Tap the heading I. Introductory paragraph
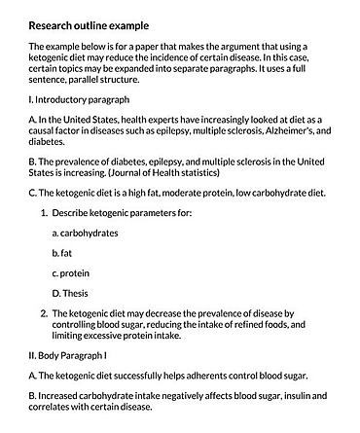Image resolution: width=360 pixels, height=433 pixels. [x=78, y=99]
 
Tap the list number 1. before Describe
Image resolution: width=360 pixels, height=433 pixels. [x=44, y=212]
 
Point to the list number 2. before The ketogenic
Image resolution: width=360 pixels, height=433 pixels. [x=44, y=312]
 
